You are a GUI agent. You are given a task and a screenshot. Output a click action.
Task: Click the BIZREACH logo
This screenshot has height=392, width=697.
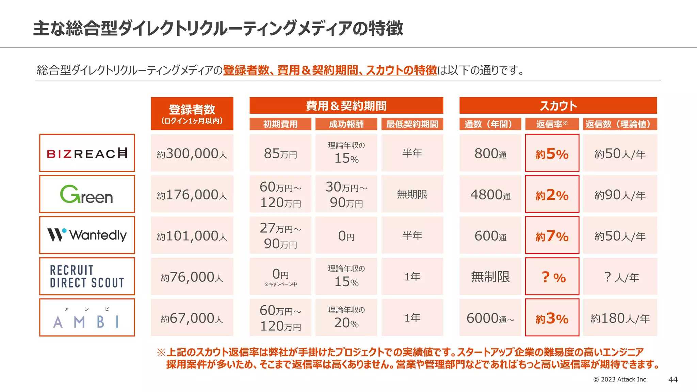coord(87,153)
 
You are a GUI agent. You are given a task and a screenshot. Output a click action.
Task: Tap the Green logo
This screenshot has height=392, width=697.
coord(87,194)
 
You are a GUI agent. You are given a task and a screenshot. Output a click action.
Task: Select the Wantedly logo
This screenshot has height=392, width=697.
coord(87,235)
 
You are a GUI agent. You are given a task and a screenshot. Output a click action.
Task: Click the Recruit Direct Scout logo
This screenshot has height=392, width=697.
coord(87,276)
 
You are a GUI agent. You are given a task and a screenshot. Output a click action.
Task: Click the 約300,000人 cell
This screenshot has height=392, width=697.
coord(192,153)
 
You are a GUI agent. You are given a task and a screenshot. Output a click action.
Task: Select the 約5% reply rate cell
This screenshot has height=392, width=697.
coord(552,153)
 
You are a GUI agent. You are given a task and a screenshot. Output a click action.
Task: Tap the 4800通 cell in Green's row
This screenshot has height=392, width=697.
coord(490,195)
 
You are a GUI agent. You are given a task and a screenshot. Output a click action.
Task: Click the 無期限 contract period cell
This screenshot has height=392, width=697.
coord(412,194)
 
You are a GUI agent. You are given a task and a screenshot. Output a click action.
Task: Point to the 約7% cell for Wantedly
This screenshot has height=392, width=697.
coord(552,235)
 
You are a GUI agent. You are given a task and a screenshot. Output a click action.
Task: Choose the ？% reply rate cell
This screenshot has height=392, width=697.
coord(552,277)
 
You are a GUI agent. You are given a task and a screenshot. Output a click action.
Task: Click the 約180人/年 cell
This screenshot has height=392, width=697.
coord(620,318)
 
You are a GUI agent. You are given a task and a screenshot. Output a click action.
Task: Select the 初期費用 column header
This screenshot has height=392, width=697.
coord(280,124)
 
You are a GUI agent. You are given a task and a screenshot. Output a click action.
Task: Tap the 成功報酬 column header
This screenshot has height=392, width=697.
coord(346,124)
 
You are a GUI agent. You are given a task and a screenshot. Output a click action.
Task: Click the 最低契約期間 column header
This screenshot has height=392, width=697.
coord(412,124)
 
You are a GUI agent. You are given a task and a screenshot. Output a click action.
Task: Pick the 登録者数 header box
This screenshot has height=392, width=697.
coord(192,114)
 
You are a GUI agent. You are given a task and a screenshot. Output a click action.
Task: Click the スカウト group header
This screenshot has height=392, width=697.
coord(558,105)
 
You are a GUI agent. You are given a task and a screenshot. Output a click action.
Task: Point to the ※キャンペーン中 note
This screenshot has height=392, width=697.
coord(280,284)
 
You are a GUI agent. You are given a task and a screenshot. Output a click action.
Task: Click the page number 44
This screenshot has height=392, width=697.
coord(673,379)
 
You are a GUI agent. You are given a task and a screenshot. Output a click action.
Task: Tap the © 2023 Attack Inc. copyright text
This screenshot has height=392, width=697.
coord(620,379)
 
